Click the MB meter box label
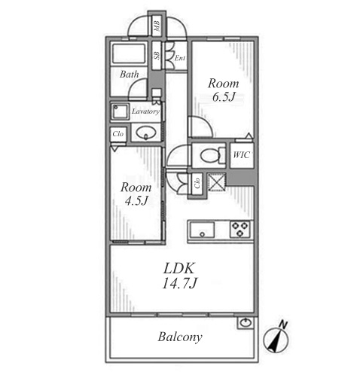157,26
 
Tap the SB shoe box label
157,55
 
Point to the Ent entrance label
180,58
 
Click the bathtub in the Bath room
129,53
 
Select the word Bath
130,74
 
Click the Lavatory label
145,111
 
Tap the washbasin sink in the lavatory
145,132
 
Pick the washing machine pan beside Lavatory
121,111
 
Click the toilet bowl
210,155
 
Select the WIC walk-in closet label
242,155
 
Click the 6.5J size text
224,96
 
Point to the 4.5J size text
136,200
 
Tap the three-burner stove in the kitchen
240,229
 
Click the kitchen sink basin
203,230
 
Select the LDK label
179,268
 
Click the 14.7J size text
179,283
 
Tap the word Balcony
180,337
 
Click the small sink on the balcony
246,322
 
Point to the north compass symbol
276,337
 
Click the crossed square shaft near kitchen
216,181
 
